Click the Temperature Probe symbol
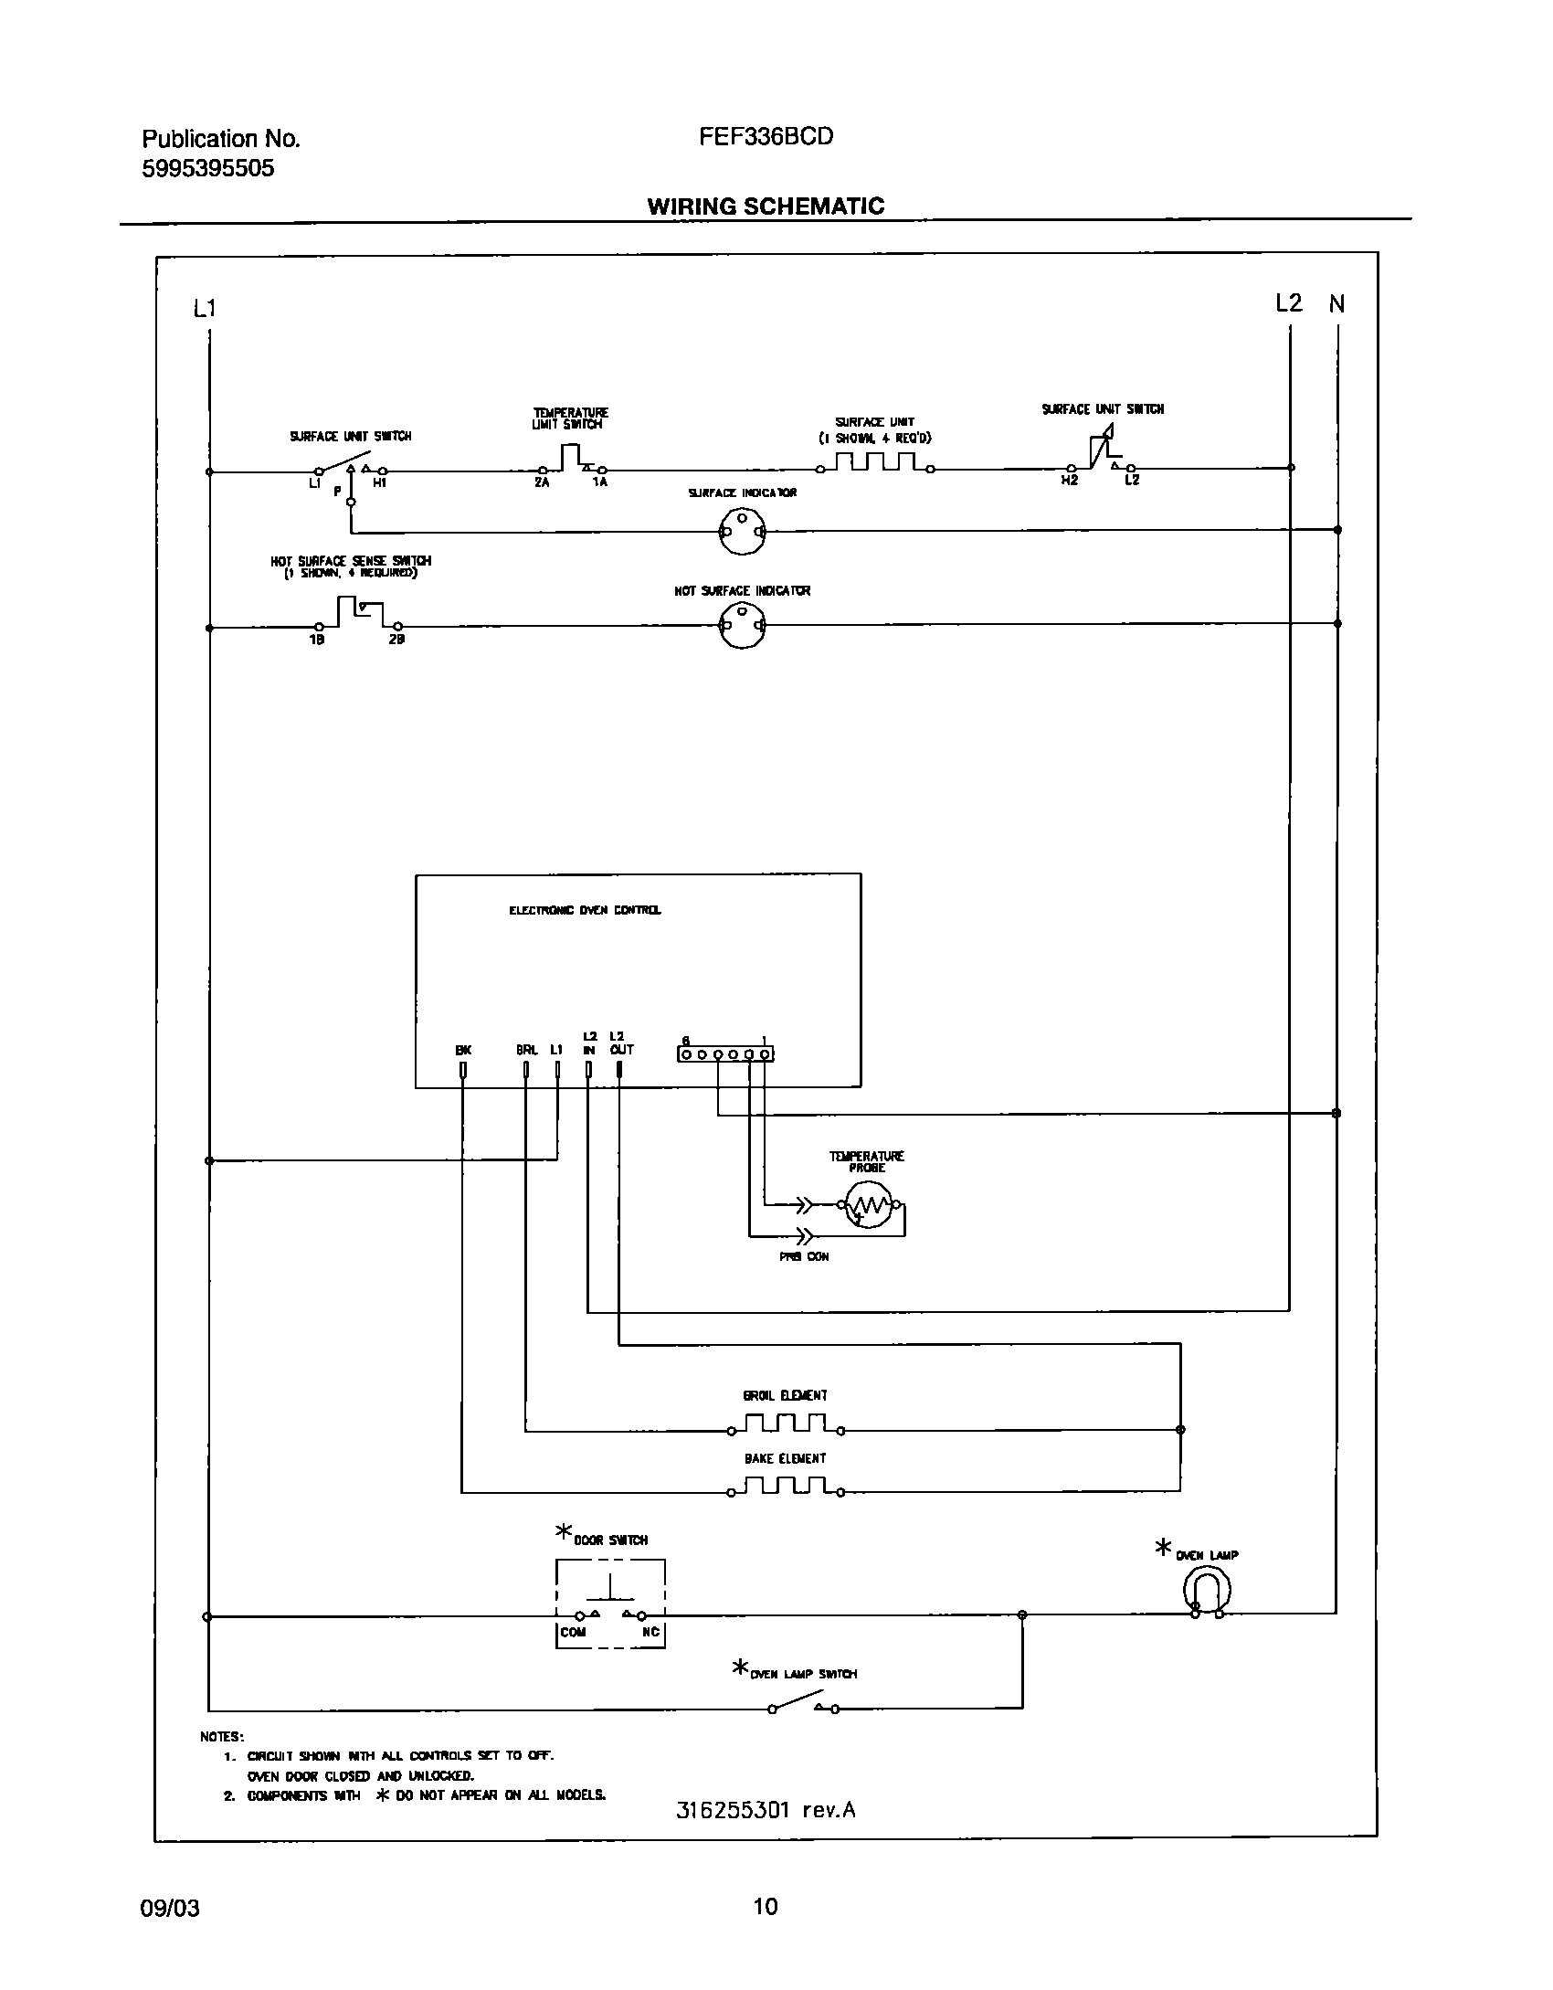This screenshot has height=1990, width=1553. click(867, 1206)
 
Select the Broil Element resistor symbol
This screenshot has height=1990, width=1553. click(786, 1424)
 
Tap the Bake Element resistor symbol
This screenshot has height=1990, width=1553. click(786, 1487)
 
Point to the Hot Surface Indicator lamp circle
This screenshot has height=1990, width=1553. click(742, 626)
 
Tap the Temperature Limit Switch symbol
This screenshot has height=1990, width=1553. click(571, 460)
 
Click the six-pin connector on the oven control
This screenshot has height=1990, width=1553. click(725, 1054)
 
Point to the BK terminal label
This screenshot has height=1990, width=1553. click(463, 1051)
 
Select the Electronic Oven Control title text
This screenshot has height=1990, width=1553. click(585, 910)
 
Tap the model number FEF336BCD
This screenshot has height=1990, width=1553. click(766, 137)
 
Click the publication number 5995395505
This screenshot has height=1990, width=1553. click(208, 169)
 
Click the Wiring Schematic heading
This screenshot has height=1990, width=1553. click(766, 206)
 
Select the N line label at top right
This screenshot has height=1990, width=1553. click(1336, 304)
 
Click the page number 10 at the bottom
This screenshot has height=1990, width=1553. click(766, 1906)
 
